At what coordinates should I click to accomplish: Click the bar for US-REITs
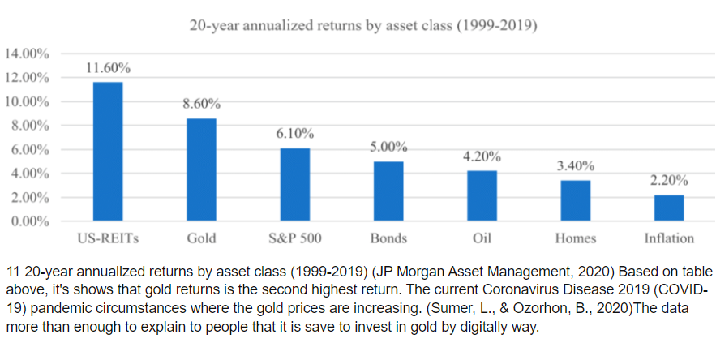click(x=108, y=152)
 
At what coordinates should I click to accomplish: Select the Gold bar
click(x=201, y=169)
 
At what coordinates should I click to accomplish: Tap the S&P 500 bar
click(x=294, y=184)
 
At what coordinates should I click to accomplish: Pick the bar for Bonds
click(x=388, y=191)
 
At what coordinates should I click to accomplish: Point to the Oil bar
click(x=482, y=195)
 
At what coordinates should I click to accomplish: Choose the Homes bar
click(x=575, y=200)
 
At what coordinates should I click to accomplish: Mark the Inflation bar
click(x=668, y=208)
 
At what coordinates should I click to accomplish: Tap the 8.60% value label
click(x=201, y=105)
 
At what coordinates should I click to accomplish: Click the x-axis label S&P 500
click(x=294, y=238)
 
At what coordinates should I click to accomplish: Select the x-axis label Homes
click(x=575, y=238)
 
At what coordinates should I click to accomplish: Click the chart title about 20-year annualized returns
click(x=363, y=25)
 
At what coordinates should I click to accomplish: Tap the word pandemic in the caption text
click(x=61, y=308)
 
